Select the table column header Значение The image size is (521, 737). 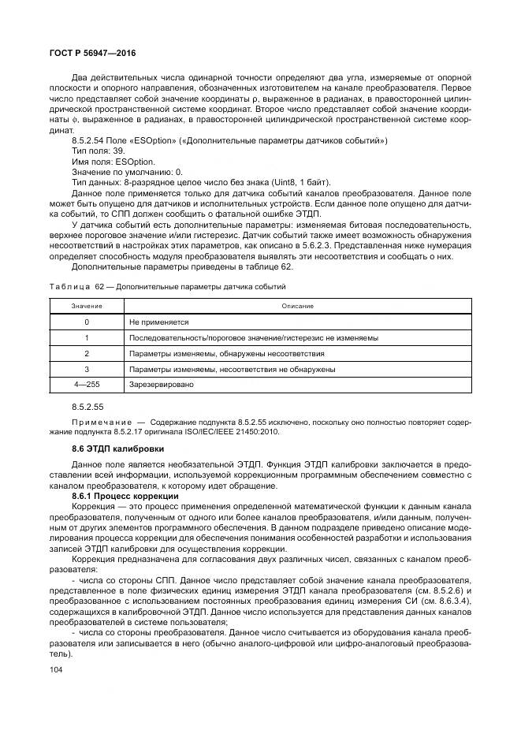pyautogui.click(x=86, y=306)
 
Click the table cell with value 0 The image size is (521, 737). pyautogui.click(x=86, y=322)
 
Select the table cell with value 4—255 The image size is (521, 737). pyautogui.click(x=86, y=384)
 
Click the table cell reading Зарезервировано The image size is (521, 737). pyautogui.click(x=161, y=384)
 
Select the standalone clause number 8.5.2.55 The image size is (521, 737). pyautogui.click(x=87, y=407)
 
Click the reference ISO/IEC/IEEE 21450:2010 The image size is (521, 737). pyautogui.click(x=232, y=430)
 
